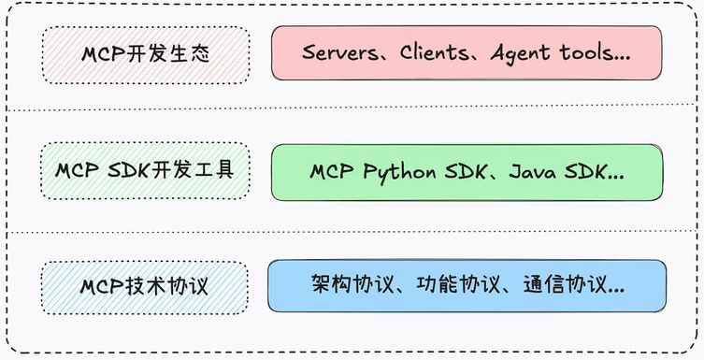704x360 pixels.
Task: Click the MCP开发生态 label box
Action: click(145, 54)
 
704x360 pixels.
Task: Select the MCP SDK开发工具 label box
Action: click(145, 171)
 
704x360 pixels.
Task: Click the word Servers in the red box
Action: click(338, 52)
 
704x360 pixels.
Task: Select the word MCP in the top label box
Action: click(99, 54)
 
